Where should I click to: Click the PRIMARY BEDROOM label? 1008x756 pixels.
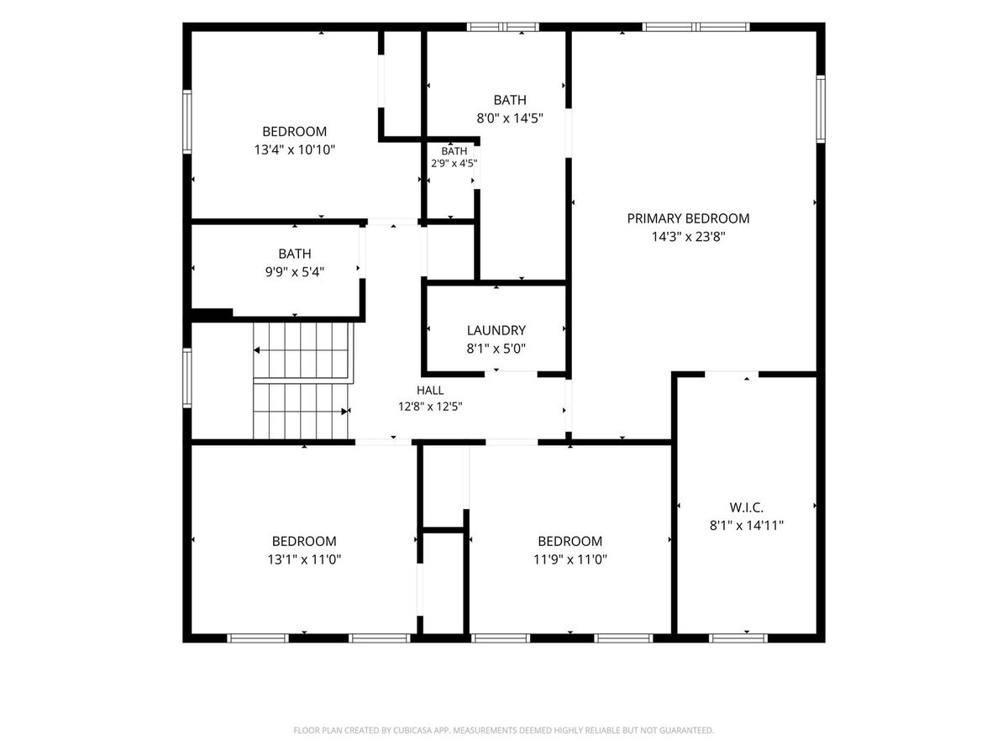click(x=688, y=218)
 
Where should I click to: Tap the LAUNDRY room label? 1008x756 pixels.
click(x=496, y=330)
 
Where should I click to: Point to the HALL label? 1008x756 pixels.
click(x=430, y=390)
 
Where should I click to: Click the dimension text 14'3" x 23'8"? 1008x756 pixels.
click(x=688, y=237)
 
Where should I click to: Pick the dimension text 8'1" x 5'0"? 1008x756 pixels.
click(x=496, y=349)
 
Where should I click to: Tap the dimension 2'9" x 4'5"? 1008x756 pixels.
click(x=454, y=163)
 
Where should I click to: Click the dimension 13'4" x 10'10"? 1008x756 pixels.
click(x=295, y=150)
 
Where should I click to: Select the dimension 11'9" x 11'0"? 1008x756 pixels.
click(x=570, y=559)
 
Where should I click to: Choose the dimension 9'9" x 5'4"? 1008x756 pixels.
click(x=295, y=271)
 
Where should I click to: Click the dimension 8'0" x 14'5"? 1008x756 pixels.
click(x=510, y=118)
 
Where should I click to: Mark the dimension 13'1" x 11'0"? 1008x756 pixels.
click(x=304, y=559)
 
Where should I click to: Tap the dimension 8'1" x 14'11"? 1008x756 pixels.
click(x=746, y=526)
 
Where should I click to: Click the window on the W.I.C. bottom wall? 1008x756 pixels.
click(x=738, y=638)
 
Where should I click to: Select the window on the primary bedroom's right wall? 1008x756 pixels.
click(x=821, y=109)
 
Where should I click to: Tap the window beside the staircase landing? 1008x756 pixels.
click(x=187, y=378)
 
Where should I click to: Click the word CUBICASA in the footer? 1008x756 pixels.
click(x=412, y=730)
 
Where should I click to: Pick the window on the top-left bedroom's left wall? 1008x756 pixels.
click(x=187, y=122)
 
